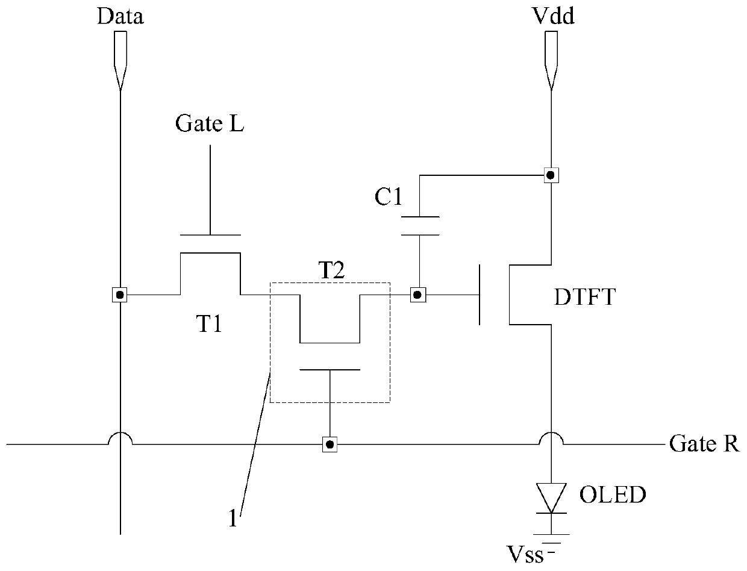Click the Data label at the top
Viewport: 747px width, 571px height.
120,16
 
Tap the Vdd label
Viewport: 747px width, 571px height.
553,16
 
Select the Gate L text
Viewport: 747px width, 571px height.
210,123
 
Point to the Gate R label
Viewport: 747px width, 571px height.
704,443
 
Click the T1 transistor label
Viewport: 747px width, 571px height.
209,323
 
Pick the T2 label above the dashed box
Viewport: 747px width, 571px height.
331,270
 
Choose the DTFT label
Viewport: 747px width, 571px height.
585,297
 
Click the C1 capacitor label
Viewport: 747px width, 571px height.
389,197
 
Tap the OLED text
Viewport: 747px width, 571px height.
613,495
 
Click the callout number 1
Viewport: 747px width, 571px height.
233,519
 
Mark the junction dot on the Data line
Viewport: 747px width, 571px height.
120,295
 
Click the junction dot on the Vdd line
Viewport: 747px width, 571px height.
551,176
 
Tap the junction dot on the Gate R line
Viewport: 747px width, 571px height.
330,445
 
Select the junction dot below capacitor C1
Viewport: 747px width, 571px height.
418,295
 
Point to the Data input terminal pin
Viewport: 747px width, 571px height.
120,61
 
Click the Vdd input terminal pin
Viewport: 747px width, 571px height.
551,61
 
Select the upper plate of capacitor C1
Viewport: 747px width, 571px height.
420,217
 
